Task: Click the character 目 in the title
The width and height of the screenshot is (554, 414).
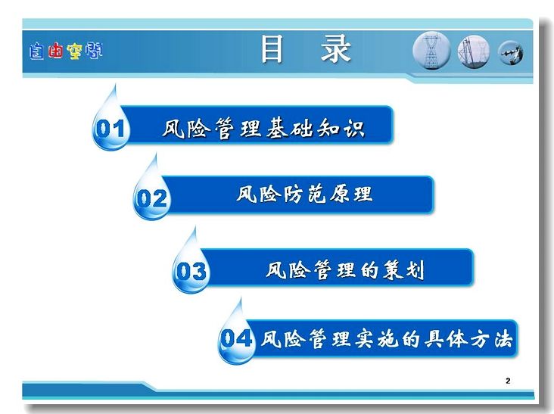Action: click(272, 49)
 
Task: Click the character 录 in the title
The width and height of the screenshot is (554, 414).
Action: click(335, 49)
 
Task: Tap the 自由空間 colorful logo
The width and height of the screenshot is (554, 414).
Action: click(66, 51)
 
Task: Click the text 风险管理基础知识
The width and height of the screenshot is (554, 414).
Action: click(263, 128)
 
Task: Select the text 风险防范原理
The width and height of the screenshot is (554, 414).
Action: click(304, 194)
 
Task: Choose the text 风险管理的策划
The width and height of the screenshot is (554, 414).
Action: click(345, 270)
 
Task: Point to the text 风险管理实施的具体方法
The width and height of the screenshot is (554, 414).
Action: click(387, 339)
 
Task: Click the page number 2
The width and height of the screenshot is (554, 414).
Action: click(508, 381)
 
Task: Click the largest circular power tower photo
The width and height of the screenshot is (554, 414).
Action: click(431, 51)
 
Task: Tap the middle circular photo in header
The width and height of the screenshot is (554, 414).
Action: click(474, 51)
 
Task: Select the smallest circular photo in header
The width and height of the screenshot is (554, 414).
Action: click(510, 53)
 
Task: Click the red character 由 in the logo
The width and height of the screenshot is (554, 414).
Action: click(56, 51)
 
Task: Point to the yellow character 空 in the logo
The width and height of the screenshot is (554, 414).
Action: click(75, 51)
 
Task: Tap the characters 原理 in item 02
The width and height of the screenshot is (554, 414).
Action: click(351, 194)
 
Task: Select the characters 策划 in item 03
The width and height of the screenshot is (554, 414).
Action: click(403, 270)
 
